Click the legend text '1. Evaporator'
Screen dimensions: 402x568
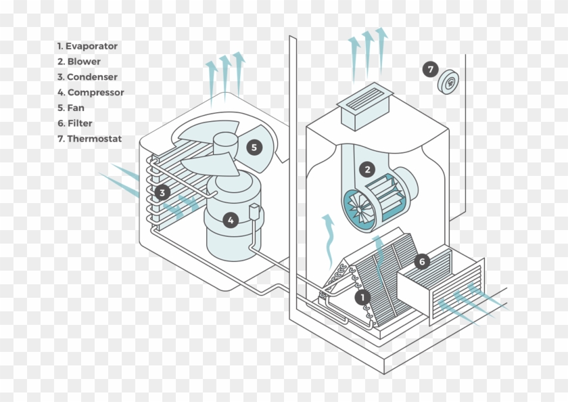click(x=87, y=46)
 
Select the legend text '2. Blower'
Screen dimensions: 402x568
click(x=79, y=62)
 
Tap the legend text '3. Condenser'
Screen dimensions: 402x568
click(x=87, y=77)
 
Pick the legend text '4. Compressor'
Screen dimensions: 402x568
click(x=91, y=93)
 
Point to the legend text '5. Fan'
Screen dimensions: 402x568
click(x=71, y=108)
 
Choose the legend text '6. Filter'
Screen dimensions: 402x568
click(x=75, y=123)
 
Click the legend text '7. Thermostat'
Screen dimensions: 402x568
click(x=89, y=139)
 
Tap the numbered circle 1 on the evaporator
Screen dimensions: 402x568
click(x=363, y=296)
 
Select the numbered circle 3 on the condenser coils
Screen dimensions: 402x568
click(x=162, y=193)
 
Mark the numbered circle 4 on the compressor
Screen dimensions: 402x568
click(x=231, y=220)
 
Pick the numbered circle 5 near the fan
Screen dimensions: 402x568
click(x=254, y=147)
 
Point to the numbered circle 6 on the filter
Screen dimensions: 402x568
click(x=421, y=261)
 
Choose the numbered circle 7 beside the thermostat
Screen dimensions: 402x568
click(x=431, y=69)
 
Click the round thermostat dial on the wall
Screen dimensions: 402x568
click(x=449, y=83)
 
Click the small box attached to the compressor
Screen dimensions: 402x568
click(x=255, y=211)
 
